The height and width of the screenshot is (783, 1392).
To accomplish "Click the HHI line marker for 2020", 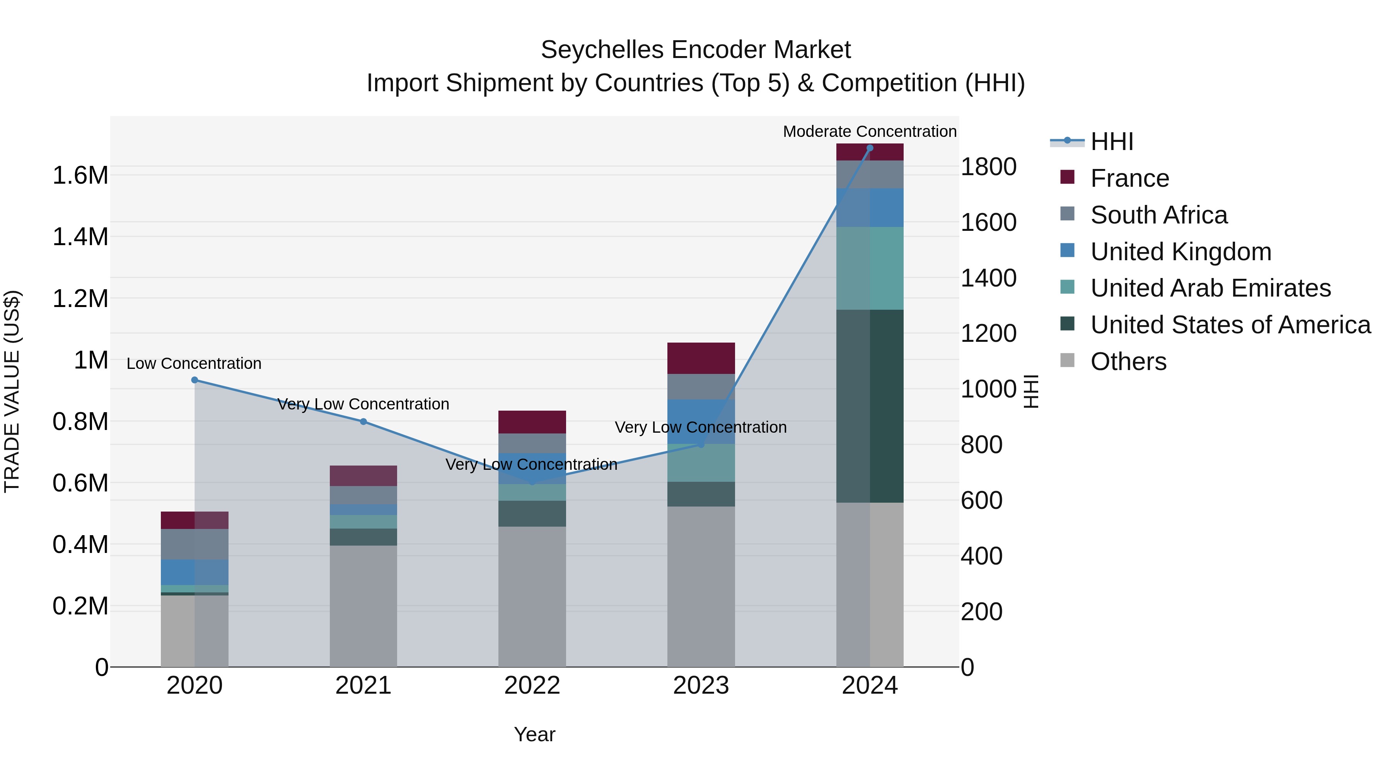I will point(194,380).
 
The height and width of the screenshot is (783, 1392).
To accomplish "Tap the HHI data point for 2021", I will point(363,421).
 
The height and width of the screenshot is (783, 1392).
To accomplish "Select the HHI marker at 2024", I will point(870,148).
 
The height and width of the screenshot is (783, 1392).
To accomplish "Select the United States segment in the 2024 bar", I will point(870,405).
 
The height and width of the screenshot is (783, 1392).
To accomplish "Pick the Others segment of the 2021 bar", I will point(363,605).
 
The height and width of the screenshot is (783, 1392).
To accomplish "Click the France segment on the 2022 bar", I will point(532,421).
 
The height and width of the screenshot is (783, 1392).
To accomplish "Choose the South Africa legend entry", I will point(1158,215).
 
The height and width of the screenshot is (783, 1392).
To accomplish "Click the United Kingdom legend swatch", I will point(1067,251).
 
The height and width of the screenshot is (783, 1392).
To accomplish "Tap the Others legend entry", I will point(1128,362).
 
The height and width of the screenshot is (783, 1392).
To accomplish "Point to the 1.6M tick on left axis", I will point(80,176).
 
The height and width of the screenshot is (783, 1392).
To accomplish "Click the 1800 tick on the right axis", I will point(988,167).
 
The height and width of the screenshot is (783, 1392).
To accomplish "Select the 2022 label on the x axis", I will point(532,686).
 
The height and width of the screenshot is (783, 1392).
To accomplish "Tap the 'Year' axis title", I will point(534,734).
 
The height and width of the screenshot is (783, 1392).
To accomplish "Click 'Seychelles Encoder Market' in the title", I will point(696,50).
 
